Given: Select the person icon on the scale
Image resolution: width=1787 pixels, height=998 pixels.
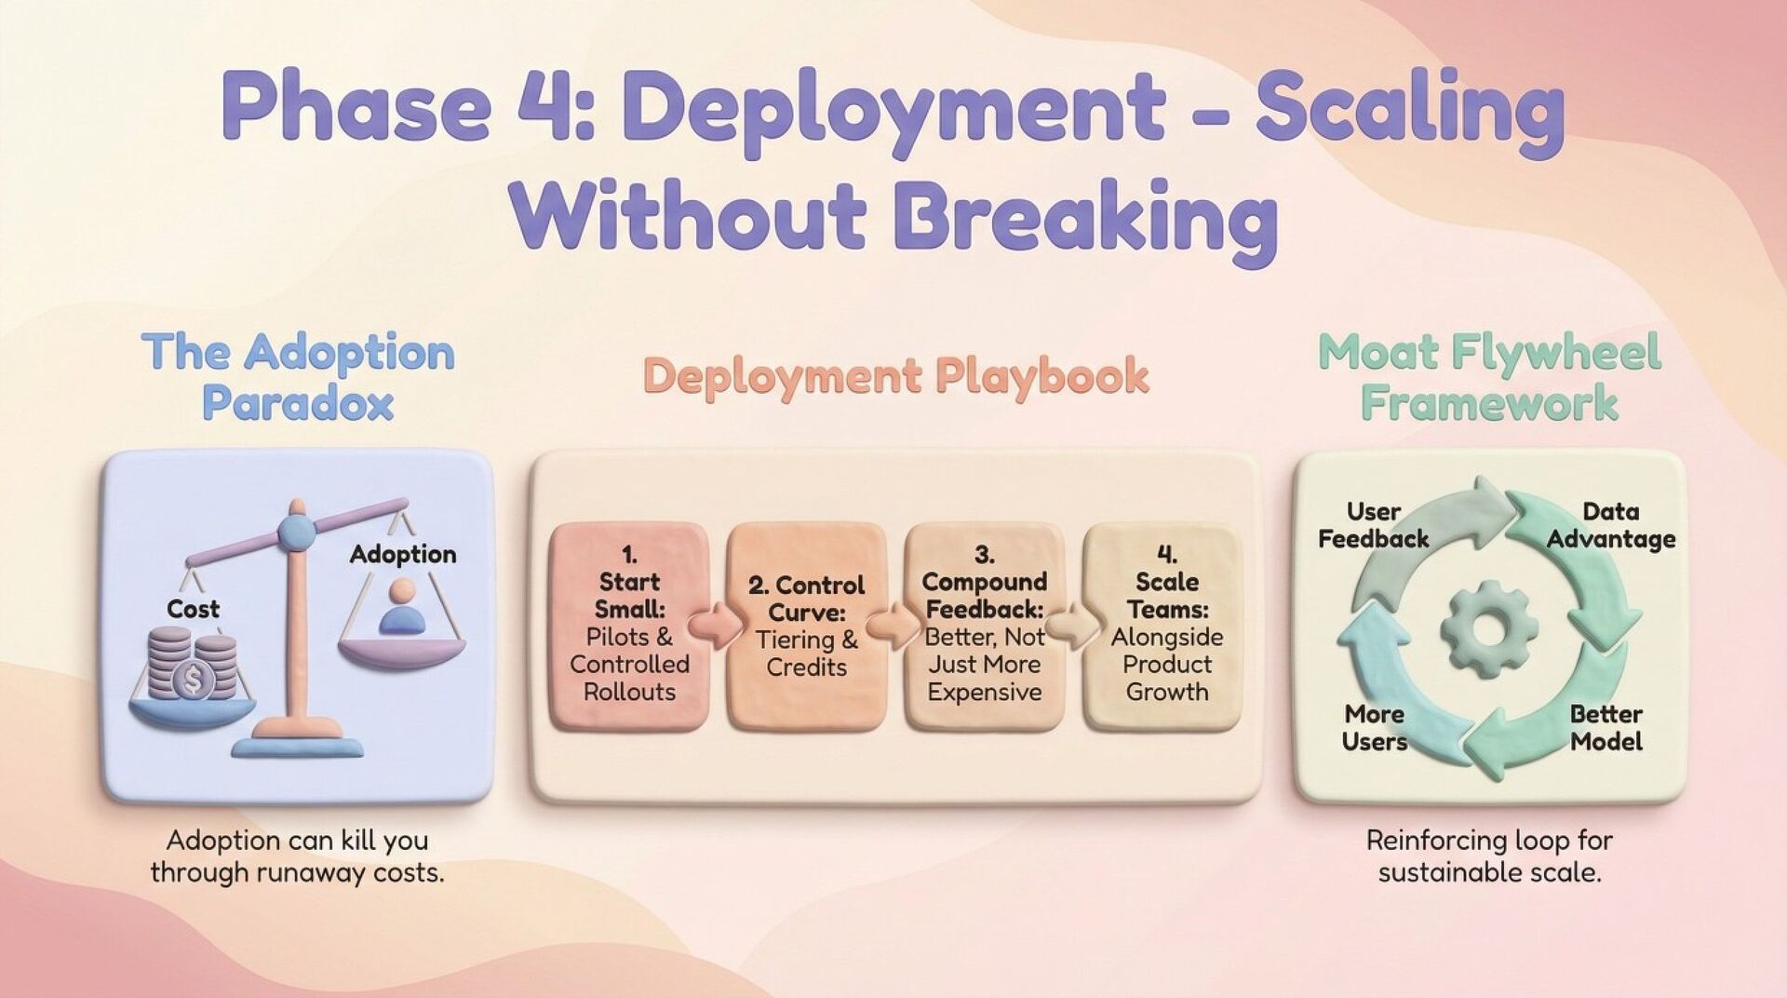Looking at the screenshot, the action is click(x=403, y=607).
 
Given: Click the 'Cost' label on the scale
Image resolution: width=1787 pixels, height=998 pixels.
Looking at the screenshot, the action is click(x=193, y=609).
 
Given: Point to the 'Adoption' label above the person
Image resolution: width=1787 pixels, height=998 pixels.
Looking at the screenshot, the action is click(x=403, y=554).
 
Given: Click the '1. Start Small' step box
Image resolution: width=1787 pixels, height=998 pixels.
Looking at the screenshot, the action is click(x=629, y=624).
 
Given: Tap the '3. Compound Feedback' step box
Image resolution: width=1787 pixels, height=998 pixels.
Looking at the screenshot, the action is click(x=984, y=624).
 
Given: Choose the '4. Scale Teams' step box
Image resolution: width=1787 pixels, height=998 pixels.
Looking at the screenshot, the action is click(x=1166, y=624).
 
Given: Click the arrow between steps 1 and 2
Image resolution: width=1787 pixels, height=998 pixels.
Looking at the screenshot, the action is click(x=715, y=625).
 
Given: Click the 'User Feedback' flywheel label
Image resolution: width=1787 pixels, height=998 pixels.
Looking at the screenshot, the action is click(x=1373, y=525).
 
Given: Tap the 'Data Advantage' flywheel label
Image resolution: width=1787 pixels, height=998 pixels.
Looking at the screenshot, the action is click(x=1611, y=525).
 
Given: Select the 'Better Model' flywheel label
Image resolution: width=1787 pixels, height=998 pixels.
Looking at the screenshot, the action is click(x=1606, y=728).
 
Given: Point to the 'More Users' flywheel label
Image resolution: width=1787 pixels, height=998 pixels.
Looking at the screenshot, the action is click(x=1374, y=728).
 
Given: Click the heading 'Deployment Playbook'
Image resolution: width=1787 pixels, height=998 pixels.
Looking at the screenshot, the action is click(x=895, y=376).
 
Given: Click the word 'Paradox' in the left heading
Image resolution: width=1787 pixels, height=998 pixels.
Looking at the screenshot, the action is click(x=298, y=403).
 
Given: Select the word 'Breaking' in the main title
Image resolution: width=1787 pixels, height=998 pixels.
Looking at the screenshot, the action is click(x=1084, y=217).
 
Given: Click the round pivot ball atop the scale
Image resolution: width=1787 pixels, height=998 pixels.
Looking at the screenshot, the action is click(x=297, y=530).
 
